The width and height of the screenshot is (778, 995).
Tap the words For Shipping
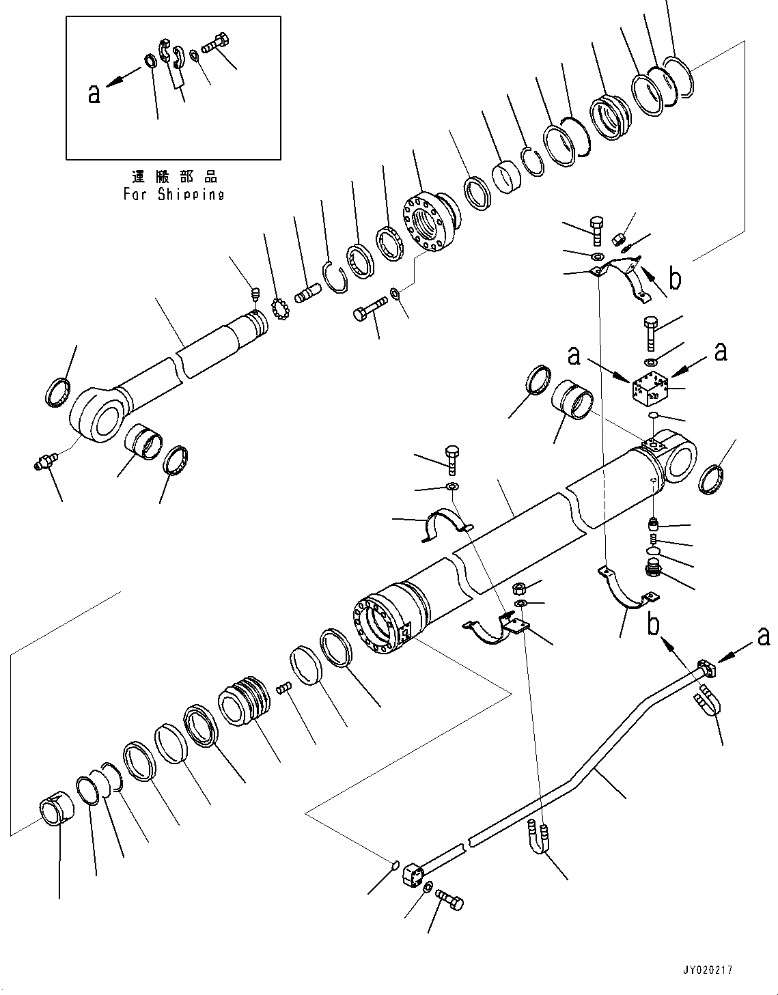pos(173,194)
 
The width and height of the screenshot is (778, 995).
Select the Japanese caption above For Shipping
pos(174,178)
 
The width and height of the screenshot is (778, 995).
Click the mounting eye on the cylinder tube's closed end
pos(680,459)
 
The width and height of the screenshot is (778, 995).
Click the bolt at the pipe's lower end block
pos(449,900)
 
